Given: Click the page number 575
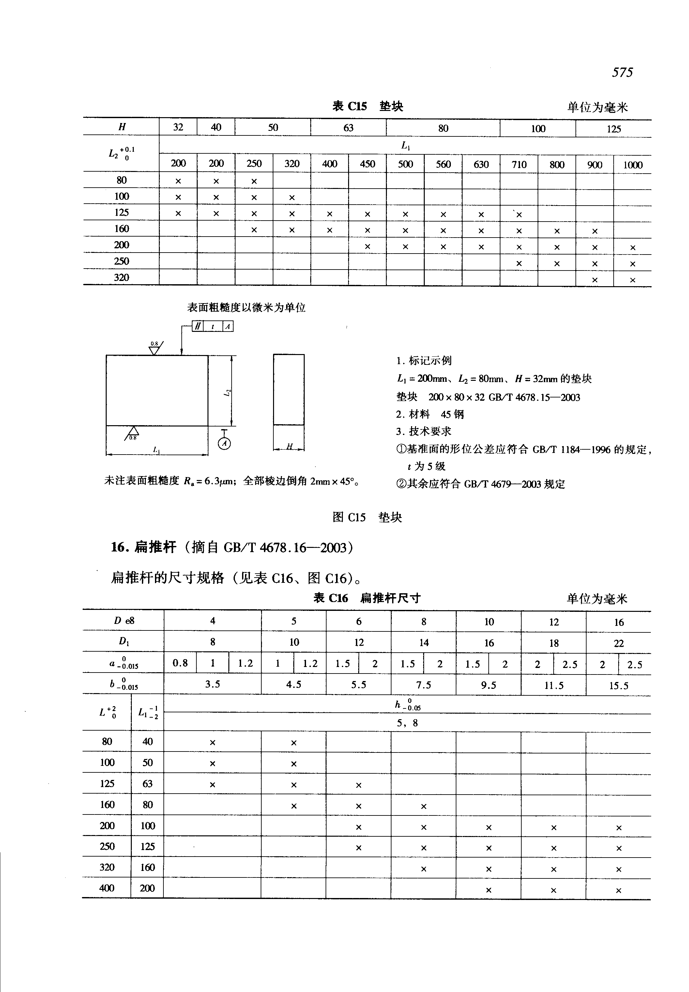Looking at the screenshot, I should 622,72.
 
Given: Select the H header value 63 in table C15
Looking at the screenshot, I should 348,128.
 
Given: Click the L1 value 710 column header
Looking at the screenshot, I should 519,164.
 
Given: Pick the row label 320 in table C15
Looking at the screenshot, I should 121,278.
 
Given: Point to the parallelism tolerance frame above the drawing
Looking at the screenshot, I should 213,327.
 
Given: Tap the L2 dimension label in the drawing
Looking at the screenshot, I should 227,393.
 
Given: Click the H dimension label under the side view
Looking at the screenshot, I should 290,447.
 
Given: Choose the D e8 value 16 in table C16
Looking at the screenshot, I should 619,622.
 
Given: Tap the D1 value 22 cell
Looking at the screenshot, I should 619,643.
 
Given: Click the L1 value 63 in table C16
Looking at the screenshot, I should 148,784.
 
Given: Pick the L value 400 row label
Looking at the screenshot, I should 107,888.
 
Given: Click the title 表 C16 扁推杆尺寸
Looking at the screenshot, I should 367,598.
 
